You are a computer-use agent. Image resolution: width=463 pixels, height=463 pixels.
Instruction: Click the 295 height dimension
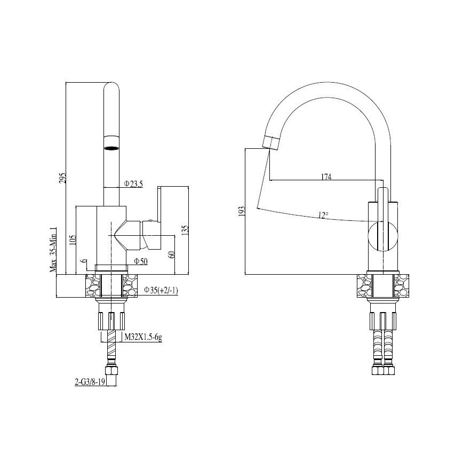(x=62, y=178)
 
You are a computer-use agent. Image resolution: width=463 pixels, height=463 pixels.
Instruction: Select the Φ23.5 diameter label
(x=133, y=184)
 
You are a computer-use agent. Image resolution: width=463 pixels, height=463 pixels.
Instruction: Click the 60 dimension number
(x=172, y=254)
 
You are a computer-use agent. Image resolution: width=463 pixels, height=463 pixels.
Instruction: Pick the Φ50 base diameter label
(x=140, y=261)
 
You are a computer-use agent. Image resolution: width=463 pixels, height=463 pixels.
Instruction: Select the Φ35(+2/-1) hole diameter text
(x=161, y=290)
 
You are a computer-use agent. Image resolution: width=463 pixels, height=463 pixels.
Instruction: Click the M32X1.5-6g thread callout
(x=143, y=337)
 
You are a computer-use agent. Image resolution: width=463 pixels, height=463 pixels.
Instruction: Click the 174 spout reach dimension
(x=326, y=177)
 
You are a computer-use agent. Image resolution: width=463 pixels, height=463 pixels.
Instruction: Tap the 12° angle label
(x=323, y=215)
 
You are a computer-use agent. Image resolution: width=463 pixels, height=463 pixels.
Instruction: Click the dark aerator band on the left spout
(x=111, y=148)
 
